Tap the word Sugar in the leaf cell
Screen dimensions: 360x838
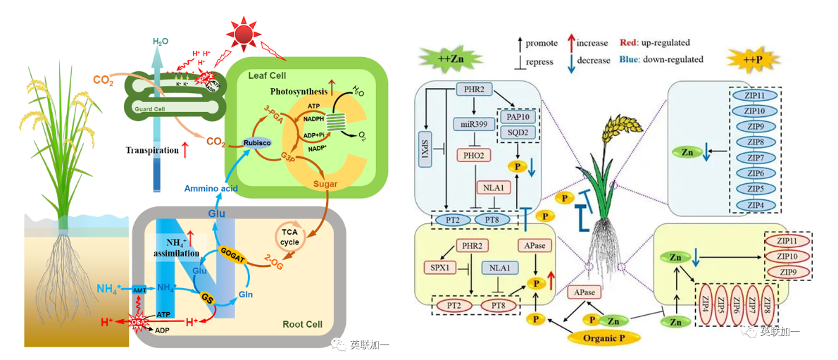coord(326,184)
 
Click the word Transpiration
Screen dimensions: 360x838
coord(153,150)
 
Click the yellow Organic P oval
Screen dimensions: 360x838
coord(605,337)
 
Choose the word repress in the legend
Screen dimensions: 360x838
coord(539,61)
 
